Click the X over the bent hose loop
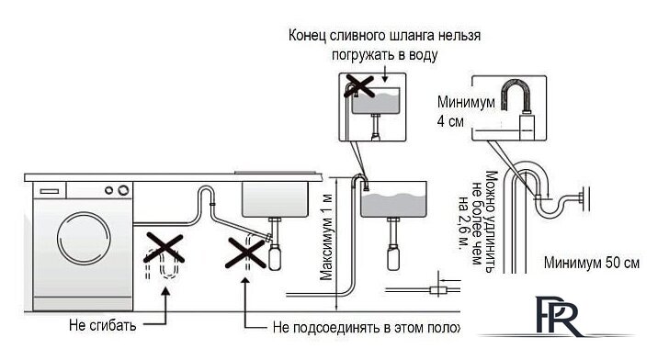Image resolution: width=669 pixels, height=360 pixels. [164, 250]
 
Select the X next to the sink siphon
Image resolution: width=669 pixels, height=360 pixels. [245, 250]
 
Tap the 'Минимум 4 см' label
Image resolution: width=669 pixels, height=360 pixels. [451, 111]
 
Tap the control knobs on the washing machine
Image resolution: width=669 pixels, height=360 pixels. [116, 190]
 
